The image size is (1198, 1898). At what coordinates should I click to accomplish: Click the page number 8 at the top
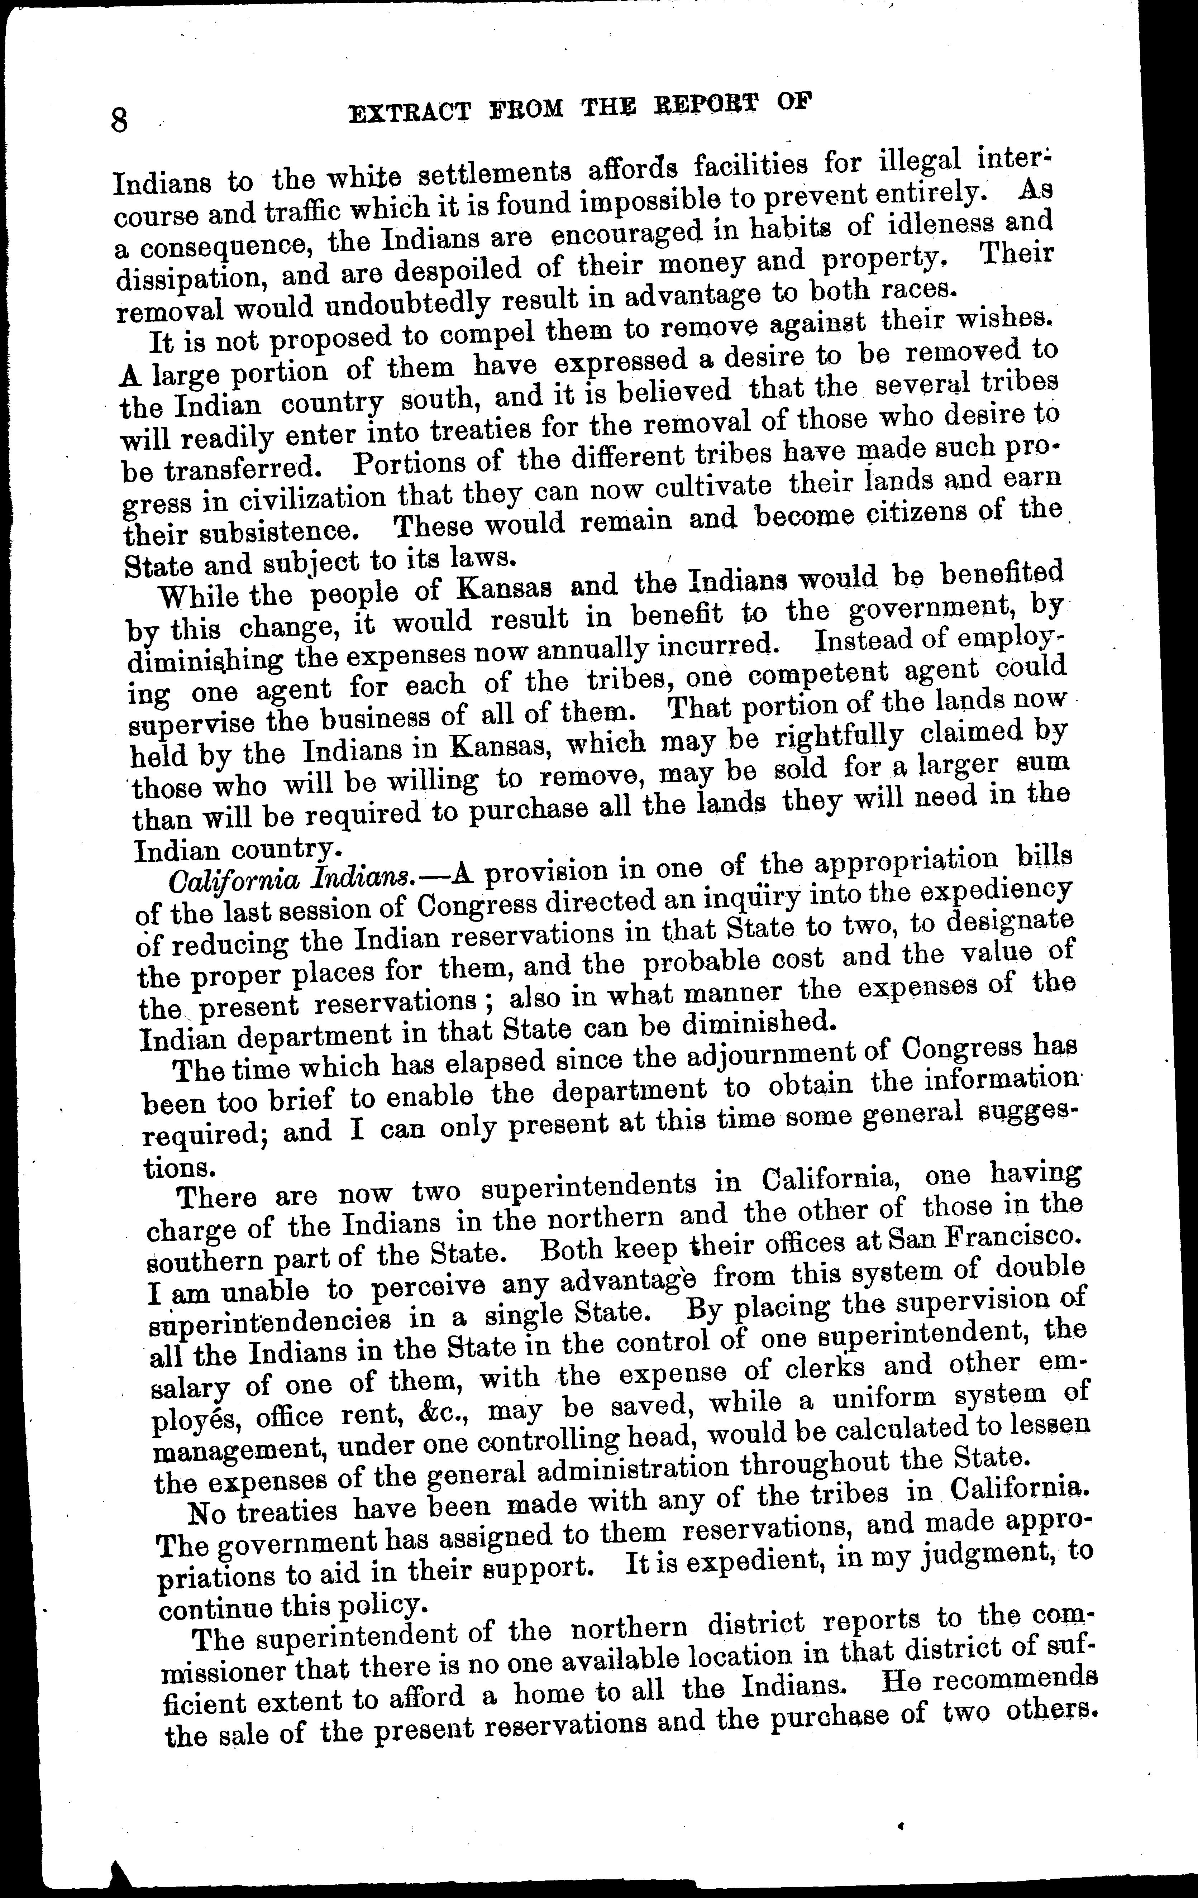(x=120, y=121)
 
